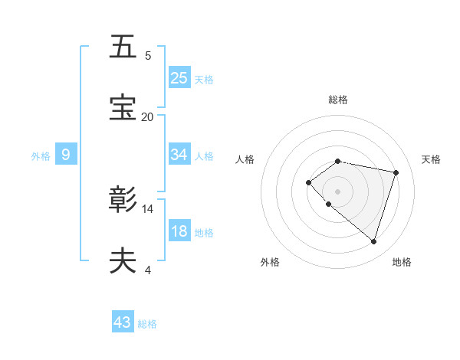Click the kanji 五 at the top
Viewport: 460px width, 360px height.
(123, 47)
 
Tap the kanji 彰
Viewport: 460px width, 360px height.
(123, 200)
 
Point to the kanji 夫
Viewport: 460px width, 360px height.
(123, 260)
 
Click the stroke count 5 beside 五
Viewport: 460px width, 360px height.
(148, 55)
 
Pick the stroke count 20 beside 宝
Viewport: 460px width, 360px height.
(147, 117)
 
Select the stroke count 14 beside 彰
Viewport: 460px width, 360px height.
(148, 208)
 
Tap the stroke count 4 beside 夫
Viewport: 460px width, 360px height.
(148, 270)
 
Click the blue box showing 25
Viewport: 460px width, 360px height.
(179, 78)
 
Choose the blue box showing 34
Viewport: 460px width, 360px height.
(179, 155)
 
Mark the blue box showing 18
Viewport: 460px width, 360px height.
(179, 232)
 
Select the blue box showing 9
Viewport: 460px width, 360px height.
(66, 155)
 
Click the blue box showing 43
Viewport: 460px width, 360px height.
(123, 322)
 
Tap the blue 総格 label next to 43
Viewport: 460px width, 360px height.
(147, 324)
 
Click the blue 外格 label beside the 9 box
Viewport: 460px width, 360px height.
(41, 156)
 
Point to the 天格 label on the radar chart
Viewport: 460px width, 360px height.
(431, 159)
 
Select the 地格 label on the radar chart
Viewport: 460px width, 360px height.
(402, 262)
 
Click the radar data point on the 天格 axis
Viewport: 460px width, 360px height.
(396, 172)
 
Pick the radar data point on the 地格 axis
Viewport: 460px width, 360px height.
(373, 241)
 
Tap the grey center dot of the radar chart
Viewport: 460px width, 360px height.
(337, 191)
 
